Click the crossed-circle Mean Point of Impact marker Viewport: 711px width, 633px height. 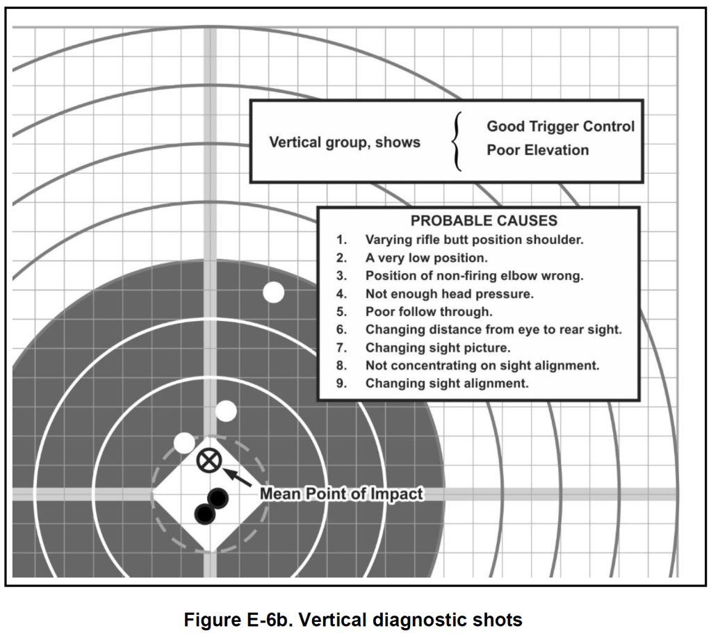[206, 460]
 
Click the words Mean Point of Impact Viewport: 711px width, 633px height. [341, 494]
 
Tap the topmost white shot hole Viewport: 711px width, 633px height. [274, 293]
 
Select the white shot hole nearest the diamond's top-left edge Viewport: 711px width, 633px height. [185, 442]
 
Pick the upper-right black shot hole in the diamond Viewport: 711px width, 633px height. [218, 498]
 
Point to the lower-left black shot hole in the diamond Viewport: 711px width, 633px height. [204, 513]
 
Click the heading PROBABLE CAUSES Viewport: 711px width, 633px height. [484, 221]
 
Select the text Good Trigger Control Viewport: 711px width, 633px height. [560, 126]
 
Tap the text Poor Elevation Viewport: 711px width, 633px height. [537, 150]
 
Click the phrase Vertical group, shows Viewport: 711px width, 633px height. [344, 142]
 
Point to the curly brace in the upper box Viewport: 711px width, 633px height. [457, 141]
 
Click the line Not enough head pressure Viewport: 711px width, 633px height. [449, 294]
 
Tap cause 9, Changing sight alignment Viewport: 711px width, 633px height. [446, 383]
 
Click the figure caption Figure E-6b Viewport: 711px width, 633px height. [352, 619]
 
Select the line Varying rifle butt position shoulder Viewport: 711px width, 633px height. [474, 240]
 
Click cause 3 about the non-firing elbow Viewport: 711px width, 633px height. [474, 276]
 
